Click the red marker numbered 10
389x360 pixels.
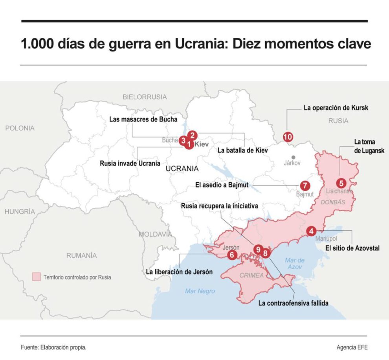(288, 137)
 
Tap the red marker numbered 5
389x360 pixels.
(341, 183)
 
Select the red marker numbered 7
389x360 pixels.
(304, 186)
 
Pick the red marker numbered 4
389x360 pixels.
(311, 231)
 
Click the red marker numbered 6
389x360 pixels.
(232, 255)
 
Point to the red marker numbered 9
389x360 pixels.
(258, 249)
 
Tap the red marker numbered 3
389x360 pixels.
(183, 140)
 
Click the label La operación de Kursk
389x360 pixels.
(336, 107)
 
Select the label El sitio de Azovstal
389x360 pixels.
(352, 248)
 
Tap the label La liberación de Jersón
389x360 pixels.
(179, 272)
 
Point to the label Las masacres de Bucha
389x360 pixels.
(143, 119)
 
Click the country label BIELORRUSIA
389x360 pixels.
(145, 97)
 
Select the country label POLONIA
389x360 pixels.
(20, 128)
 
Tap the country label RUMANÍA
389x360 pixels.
(81, 255)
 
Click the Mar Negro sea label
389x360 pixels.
(200, 291)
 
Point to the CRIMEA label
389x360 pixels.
(251, 275)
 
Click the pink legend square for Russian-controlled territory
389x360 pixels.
(36, 277)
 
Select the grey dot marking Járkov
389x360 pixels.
(292, 156)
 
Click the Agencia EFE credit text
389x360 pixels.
(352, 347)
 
